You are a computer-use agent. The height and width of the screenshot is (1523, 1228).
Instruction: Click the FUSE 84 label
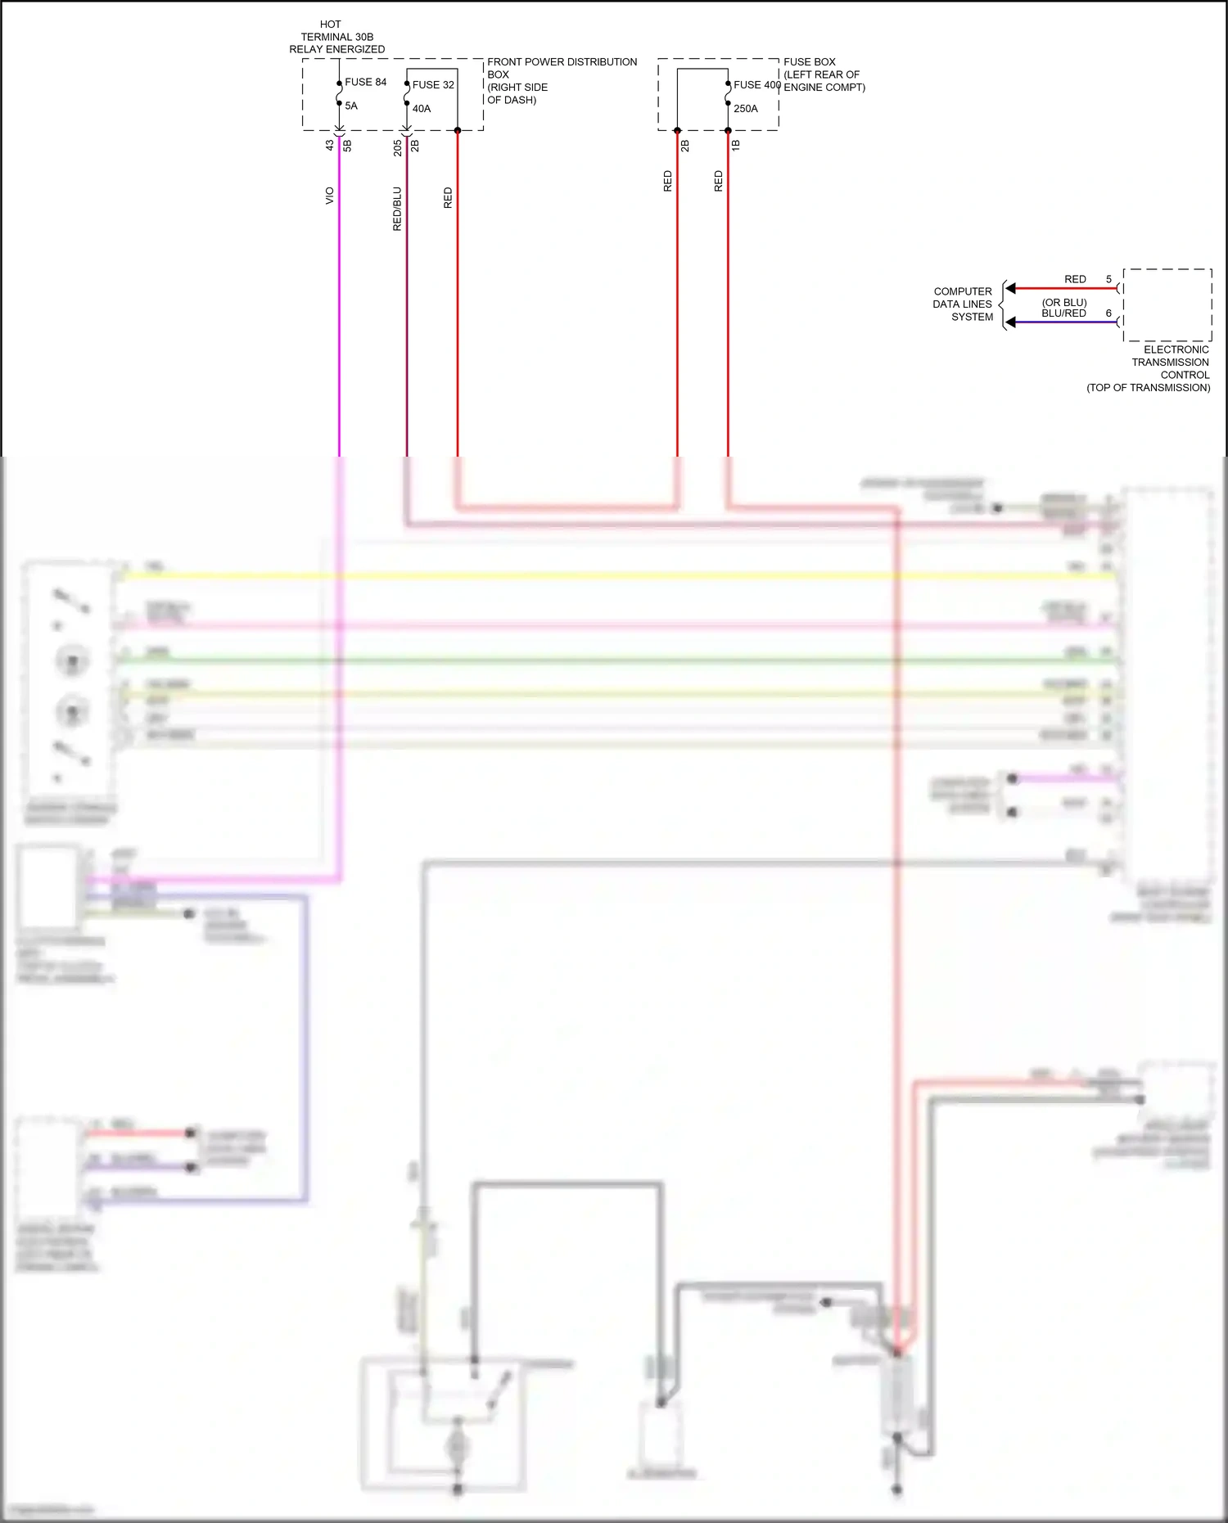(365, 82)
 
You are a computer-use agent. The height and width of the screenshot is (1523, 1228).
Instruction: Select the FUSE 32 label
(433, 84)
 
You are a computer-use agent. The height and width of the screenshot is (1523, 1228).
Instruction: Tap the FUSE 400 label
(756, 84)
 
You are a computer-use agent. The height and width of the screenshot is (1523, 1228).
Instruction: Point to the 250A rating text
(745, 108)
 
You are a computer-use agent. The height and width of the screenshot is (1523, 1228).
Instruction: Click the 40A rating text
(421, 108)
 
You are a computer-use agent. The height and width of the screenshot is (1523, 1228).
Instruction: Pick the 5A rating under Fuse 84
(350, 106)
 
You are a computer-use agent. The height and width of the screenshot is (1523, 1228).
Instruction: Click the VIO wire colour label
(329, 196)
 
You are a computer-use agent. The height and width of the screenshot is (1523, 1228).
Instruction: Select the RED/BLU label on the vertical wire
(397, 209)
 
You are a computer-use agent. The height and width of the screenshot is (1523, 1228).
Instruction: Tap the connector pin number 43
(329, 145)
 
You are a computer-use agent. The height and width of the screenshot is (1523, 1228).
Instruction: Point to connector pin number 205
(397, 147)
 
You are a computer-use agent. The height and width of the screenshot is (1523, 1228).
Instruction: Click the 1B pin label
(735, 145)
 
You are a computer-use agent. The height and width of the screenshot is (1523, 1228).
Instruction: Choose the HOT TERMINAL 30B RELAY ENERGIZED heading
(336, 37)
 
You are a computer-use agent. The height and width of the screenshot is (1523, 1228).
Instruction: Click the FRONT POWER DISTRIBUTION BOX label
(562, 80)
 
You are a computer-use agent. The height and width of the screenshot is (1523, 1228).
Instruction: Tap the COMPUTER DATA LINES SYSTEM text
(963, 304)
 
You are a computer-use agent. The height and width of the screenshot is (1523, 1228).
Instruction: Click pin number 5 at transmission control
(1108, 279)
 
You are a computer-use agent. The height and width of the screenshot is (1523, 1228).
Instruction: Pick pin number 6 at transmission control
(1108, 313)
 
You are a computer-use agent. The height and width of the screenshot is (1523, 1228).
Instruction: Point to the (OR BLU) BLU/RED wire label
(1063, 308)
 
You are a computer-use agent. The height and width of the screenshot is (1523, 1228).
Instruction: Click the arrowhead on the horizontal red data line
(1011, 288)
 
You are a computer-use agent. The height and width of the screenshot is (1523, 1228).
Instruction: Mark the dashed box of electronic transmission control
(1167, 304)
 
